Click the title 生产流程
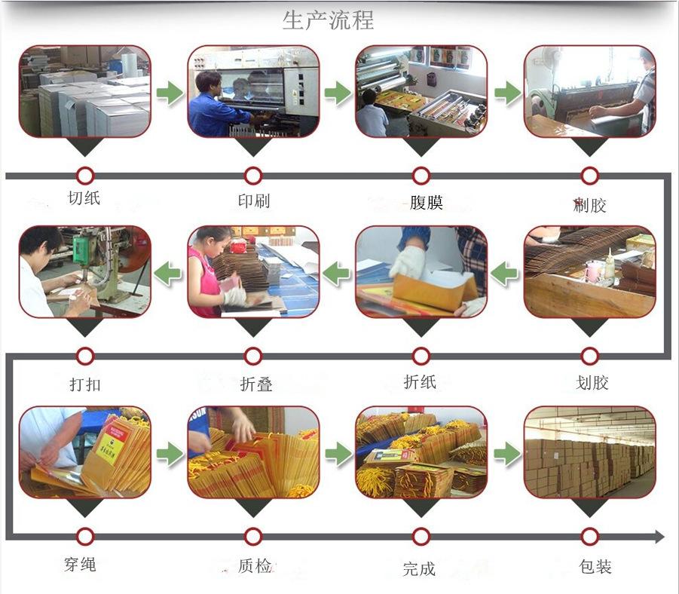click(328, 20)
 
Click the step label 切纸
click(84, 198)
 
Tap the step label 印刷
click(253, 201)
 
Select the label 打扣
click(84, 384)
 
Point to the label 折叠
click(255, 384)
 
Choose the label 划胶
click(592, 383)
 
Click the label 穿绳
click(80, 564)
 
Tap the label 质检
click(255, 566)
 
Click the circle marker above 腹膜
click(421, 176)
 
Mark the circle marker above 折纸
click(421, 356)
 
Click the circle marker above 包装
click(590, 536)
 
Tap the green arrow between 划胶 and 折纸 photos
click(505, 273)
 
